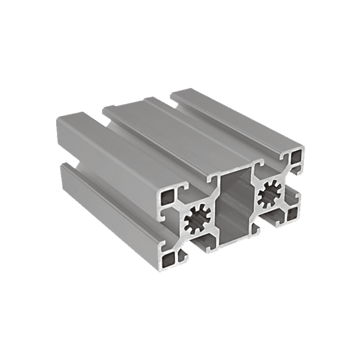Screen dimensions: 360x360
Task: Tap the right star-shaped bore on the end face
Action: point(270,191)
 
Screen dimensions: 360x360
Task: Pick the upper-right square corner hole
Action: point(298,154)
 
